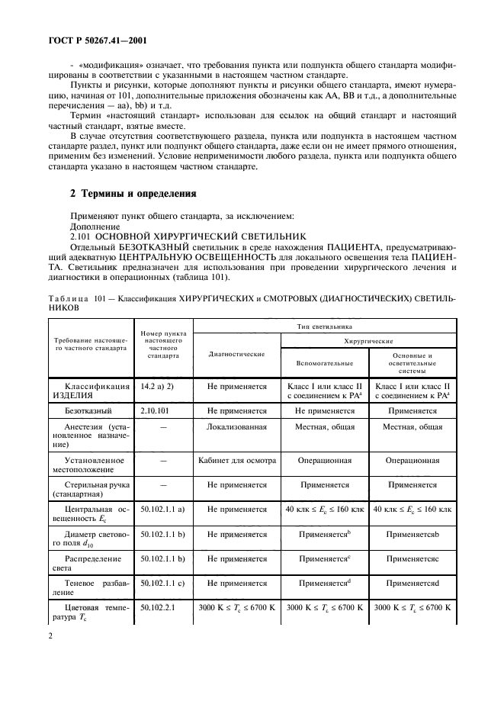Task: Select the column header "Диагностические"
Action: coord(237,355)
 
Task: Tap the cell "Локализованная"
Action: coord(237,427)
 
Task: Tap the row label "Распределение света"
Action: coord(88,563)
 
